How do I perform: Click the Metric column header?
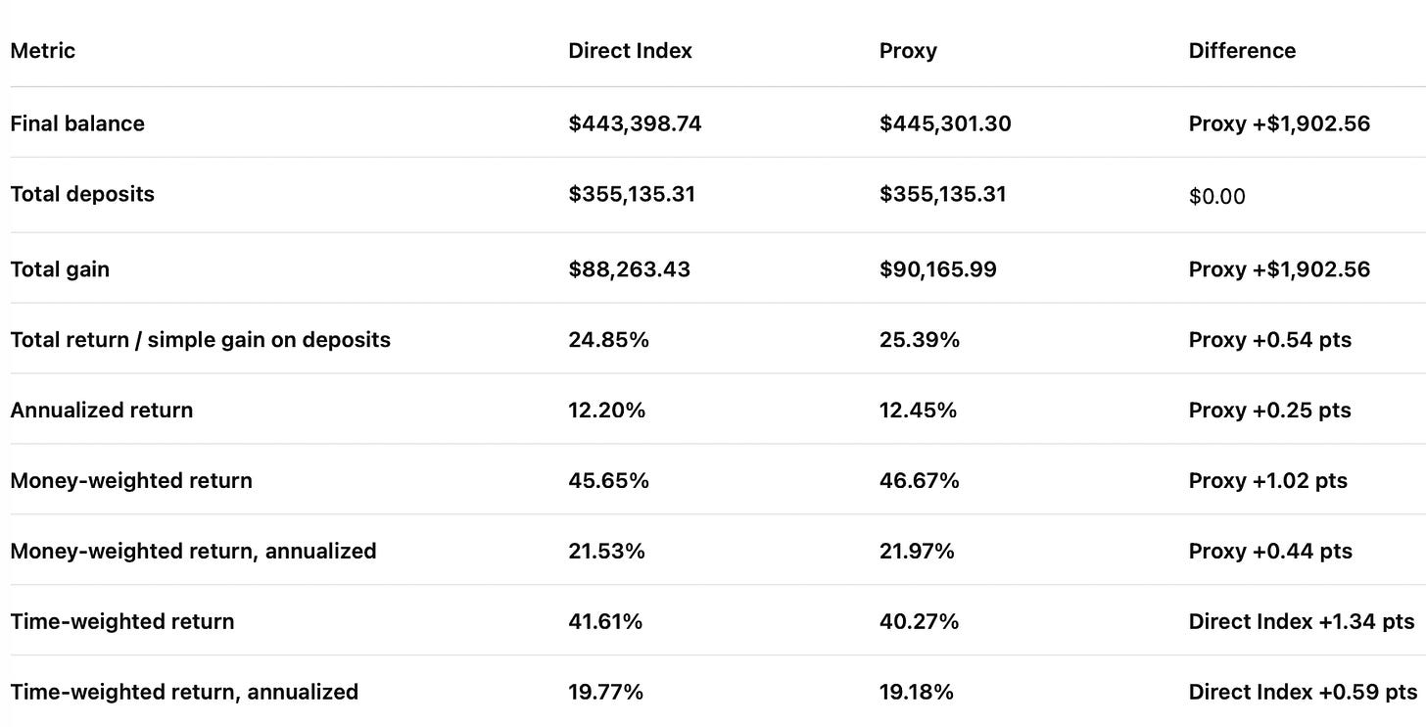[43, 51]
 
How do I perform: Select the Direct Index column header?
[630, 51]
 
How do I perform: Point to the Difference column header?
[1242, 51]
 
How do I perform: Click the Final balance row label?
[77, 123]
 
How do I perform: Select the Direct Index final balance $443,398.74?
[635, 123]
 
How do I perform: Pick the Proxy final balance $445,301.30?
[945, 123]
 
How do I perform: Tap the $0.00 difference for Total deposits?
[1216, 196]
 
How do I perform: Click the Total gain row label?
[60, 269]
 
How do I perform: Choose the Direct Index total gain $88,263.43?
[629, 269]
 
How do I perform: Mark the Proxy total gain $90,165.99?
[937, 269]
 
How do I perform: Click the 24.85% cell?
[608, 340]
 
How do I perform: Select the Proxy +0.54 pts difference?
[1270, 340]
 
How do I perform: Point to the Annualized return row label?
[102, 410]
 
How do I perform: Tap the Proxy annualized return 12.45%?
[918, 410]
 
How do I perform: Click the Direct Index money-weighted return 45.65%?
[608, 481]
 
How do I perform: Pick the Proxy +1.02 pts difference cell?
[1268, 481]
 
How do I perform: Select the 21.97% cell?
[917, 552]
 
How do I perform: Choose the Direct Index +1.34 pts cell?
[1302, 621]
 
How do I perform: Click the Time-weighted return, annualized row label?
[184, 692]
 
